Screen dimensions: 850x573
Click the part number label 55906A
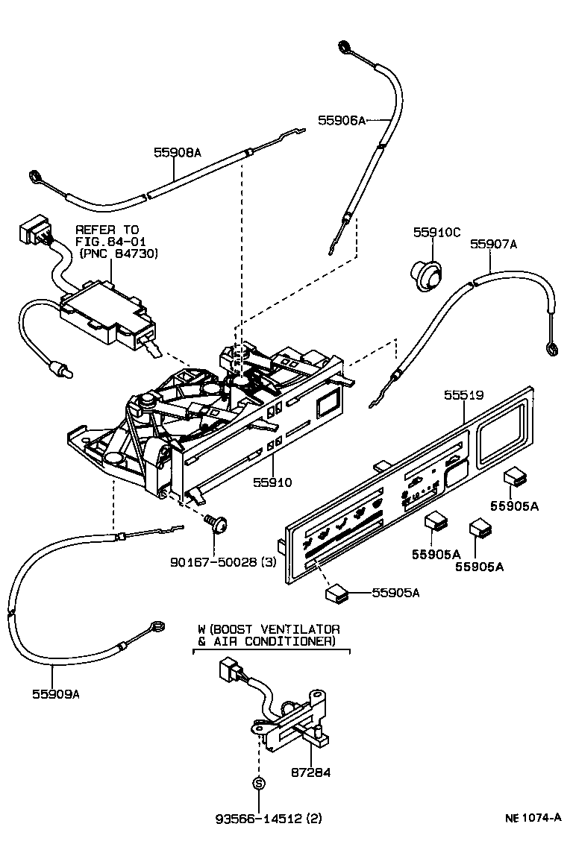341,119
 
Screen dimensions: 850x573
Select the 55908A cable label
178,152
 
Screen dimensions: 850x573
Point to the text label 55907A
493,243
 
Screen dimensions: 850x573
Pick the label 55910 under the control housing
272,482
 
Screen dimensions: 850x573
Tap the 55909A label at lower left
55,693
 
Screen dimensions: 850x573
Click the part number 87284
310,772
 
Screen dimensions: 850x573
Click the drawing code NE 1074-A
533,817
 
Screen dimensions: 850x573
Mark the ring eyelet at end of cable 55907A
551,348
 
